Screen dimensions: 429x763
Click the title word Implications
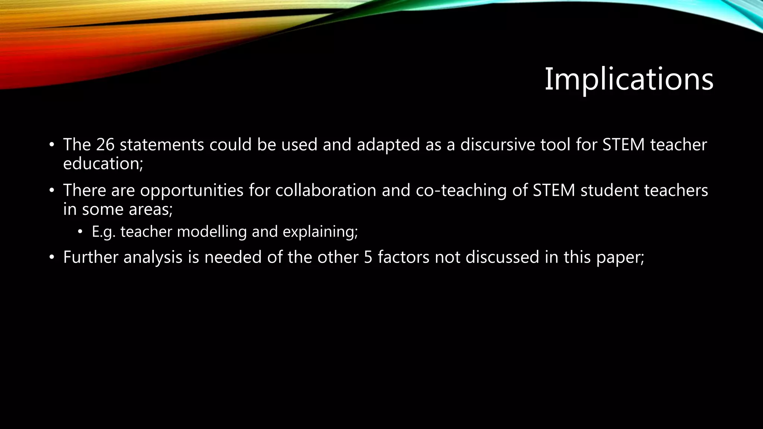(629, 79)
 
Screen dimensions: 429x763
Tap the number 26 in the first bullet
(105, 144)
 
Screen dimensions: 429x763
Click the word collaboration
(326, 190)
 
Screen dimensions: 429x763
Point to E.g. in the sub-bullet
(104, 232)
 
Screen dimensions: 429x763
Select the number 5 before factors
(368, 257)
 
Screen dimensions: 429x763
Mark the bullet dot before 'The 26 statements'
(52, 145)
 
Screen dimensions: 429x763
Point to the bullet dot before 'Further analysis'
(52, 257)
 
